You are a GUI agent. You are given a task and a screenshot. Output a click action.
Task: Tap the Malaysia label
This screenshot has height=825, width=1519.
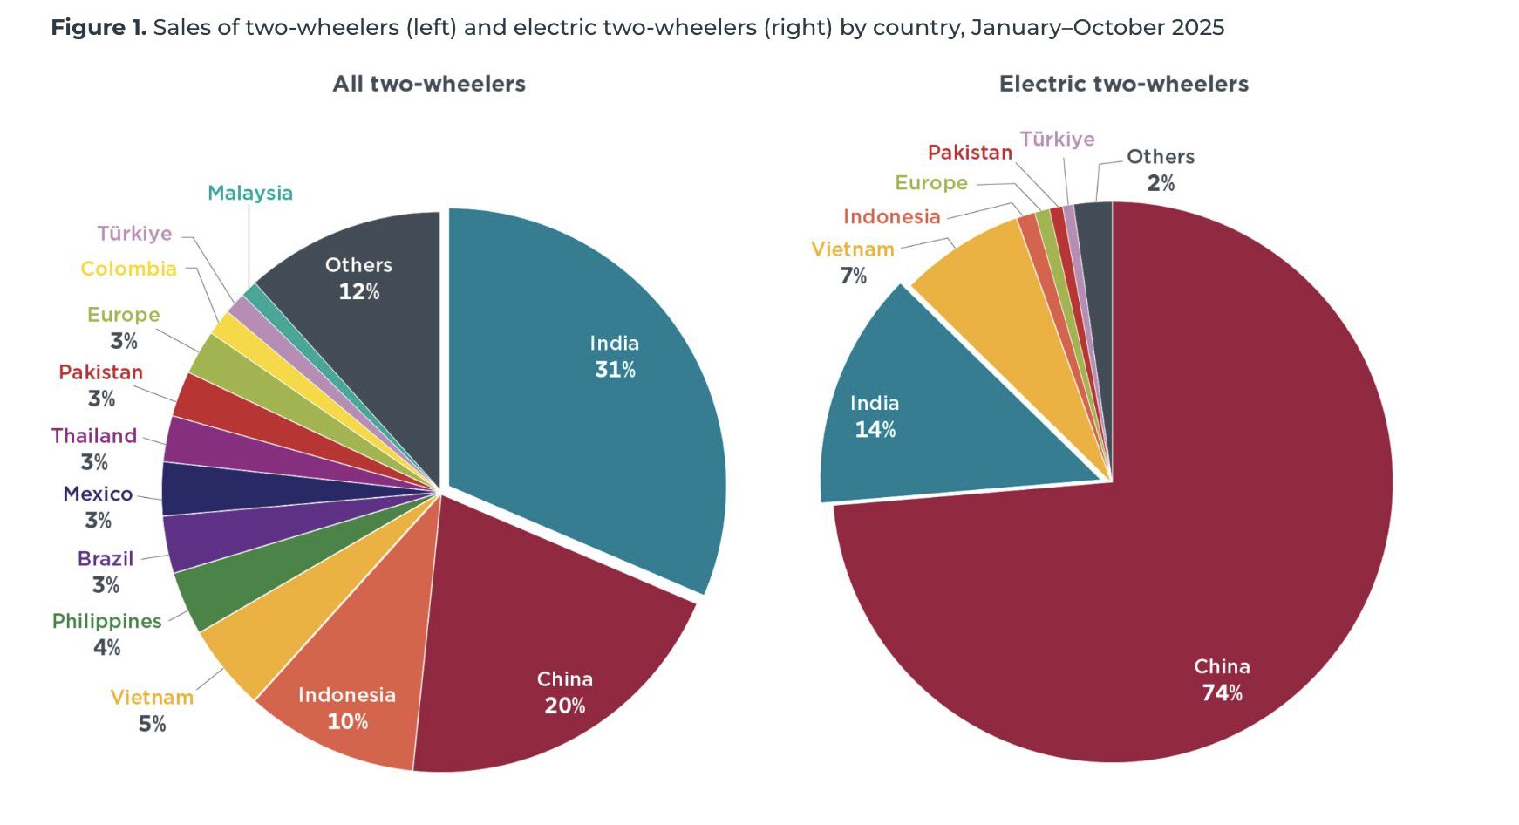pyautogui.click(x=249, y=193)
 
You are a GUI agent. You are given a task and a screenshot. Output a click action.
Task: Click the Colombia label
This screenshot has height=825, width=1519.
pyautogui.click(x=128, y=269)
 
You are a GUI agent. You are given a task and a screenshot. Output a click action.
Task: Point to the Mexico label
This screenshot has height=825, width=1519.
pyautogui.click(x=98, y=494)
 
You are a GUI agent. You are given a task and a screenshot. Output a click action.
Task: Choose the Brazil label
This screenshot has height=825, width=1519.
pyautogui.click(x=105, y=558)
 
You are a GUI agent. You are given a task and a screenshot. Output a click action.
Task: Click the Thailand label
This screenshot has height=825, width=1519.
pyautogui.click(x=94, y=435)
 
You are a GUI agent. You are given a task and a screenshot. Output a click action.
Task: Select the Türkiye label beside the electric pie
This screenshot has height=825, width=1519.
pyautogui.click(x=1057, y=139)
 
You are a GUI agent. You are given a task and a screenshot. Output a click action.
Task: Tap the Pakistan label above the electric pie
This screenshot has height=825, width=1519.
pyautogui.click(x=970, y=153)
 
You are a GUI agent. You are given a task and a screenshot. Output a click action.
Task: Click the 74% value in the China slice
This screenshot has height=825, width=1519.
pyautogui.click(x=1222, y=693)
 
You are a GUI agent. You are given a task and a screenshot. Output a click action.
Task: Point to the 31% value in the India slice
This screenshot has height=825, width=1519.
pyautogui.click(x=615, y=370)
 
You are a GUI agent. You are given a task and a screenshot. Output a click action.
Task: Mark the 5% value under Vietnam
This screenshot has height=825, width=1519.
pyautogui.click(x=152, y=724)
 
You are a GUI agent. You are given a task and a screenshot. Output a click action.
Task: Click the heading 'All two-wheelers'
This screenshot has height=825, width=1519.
pyautogui.click(x=429, y=84)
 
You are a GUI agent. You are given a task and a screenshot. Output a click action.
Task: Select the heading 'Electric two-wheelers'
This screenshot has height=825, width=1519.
pyautogui.click(x=1123, y=84)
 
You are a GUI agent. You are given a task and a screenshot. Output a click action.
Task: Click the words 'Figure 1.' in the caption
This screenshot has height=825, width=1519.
pyautogui.click(x=99, y=28)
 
